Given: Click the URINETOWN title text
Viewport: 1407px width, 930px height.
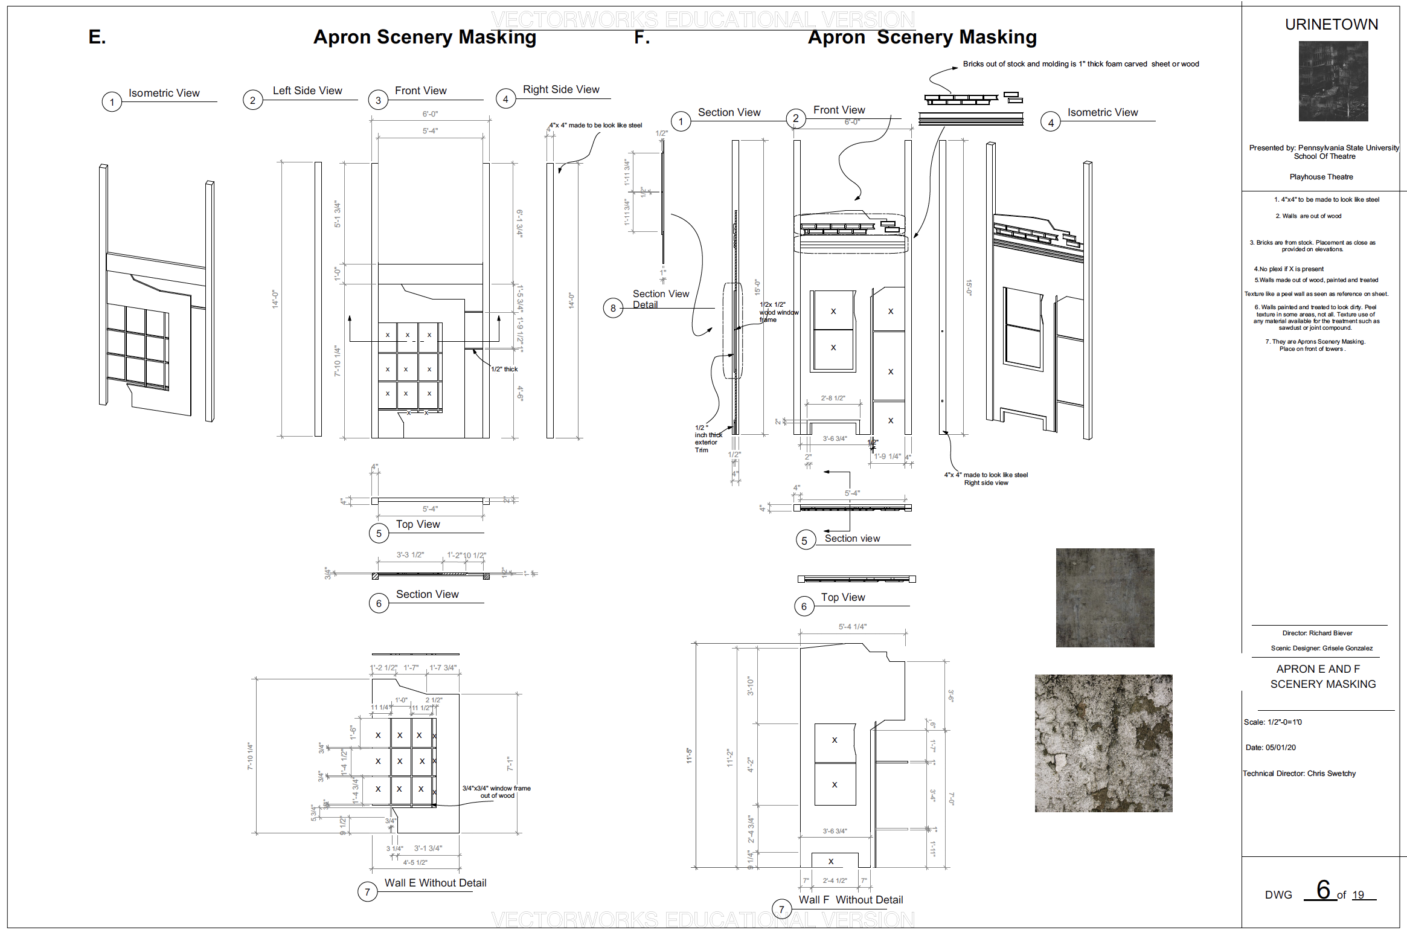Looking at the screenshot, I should pyautogui.click(x=1331, y=25).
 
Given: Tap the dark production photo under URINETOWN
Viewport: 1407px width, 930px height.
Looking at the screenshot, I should pyautogui.click(x=1333, y=81).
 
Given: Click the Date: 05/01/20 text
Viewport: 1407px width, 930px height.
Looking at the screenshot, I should pyautogui.click(x=1271, y=748).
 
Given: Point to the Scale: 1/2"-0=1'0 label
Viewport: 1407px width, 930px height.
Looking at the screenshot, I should pyautogui.click(x=1272, y=722).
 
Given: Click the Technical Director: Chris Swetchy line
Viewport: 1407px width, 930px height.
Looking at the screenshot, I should pyautogui.click(x=1299, y=774).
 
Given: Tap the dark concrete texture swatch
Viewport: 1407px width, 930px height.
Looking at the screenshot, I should pyautogui.click(x=1104, y=597).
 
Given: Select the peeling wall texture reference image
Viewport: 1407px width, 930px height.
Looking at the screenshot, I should pyautogui.click(x=1103, y=743).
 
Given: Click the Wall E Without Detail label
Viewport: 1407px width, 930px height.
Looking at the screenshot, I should pyautogui.click(x=435, y=883).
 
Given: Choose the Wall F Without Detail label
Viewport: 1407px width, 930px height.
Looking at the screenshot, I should pyautogui.click(x=850, y=900).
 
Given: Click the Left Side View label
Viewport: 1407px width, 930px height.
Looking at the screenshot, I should pyautogui.click(x=307, y=91).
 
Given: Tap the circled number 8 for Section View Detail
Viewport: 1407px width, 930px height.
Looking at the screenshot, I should pyautogui.click(x=613, y=308).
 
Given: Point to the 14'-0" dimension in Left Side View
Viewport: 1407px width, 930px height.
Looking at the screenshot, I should pyautogui.click(x=275, y=299).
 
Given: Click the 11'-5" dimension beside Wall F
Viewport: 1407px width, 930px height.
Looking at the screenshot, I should pyautogui.click(x=689, y=755).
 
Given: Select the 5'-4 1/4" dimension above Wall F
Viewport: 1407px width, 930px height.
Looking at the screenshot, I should pyautogui.click(x=852, y=627).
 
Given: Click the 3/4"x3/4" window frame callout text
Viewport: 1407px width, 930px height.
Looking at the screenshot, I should pyautogui.click(x=496, y=792).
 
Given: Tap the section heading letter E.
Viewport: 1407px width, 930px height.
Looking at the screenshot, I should pyautogui.click(x=97, y=37).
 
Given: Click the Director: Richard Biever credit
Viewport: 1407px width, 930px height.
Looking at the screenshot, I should pyautogui.click(x=1317, y=633).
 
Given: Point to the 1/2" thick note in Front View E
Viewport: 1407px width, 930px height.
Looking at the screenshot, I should pyautogui.click(x=504, y=369).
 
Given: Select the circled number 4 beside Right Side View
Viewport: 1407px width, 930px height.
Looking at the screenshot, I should pyautogui.click(x=505, y=99).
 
